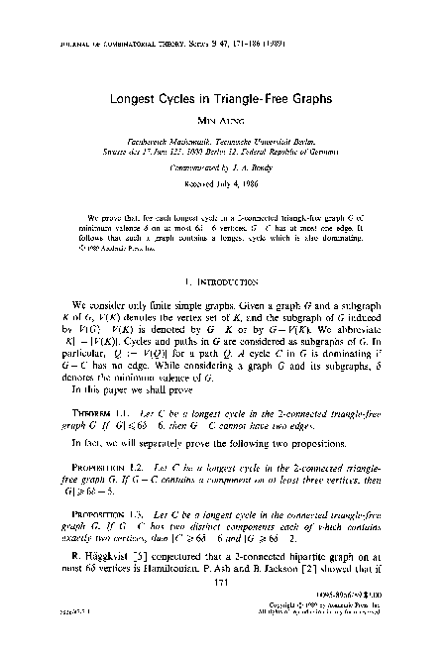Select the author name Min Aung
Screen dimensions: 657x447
(224, 124)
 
